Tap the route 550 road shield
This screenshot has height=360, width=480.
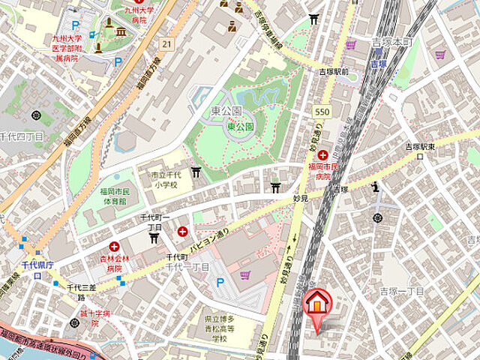coord(322,111)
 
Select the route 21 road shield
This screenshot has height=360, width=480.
coord(166,45)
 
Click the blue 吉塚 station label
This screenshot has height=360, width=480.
coord(379,64)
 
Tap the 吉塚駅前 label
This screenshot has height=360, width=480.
coord(332,72)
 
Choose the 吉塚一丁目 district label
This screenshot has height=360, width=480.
coord(402,291)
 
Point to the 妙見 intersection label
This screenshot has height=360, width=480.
coord(301,199)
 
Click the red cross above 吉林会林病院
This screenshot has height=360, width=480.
coord(114,246)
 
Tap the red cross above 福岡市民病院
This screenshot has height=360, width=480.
coord(322,154)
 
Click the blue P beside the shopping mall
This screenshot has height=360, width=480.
coord(220,283)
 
